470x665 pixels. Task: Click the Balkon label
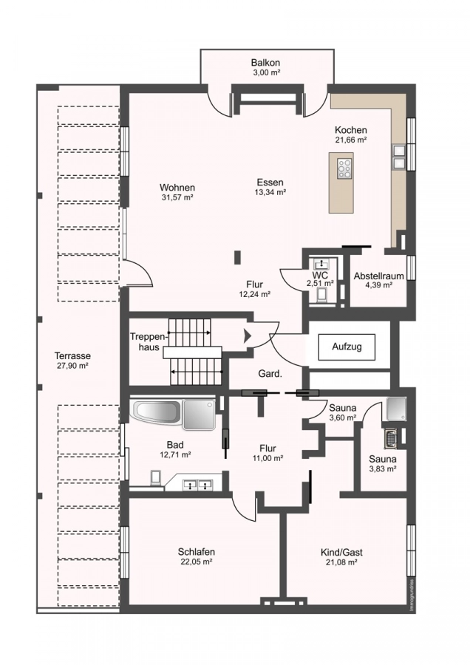[265, 63]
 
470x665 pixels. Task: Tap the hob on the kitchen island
[344, 168]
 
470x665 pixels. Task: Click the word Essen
[270, 182]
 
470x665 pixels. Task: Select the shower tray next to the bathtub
[197, 415]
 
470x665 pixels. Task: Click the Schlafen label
[196, 551]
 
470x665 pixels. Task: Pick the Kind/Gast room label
[341, 552]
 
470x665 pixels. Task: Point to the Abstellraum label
[378, 276]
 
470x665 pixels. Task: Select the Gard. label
[270, 374]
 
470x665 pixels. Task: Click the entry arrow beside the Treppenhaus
[247, 337]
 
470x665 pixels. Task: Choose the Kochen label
[351, 129]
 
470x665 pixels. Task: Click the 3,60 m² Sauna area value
[343, 418]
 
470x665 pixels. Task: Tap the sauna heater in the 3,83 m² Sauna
[390, 439]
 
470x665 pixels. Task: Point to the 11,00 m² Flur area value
[268, 458]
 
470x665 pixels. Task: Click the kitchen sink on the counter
[398, 157]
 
